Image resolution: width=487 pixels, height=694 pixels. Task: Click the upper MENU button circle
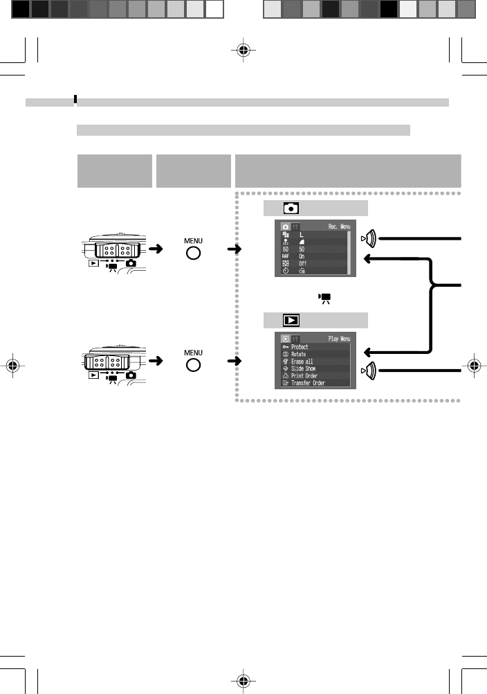[x=193, y=253]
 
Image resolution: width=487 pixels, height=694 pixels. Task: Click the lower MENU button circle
[x=193, y=364]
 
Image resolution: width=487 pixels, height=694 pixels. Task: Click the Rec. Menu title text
[x=338, y=226]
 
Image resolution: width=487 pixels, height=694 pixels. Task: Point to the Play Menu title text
[x=339, y=339]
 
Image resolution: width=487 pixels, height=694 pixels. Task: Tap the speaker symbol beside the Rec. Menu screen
[x=369, y=238]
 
